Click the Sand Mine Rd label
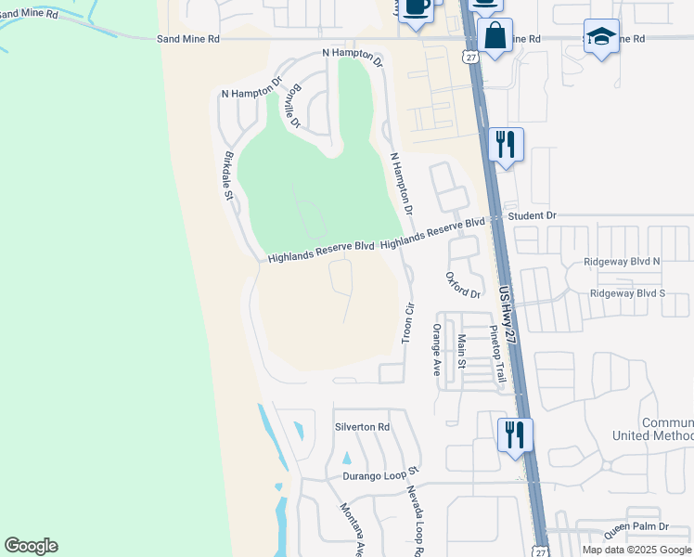point(188,39)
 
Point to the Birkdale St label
point(228,176)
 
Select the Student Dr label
point(532,215)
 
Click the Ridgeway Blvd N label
point(622,262)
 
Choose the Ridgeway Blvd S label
point(627,293)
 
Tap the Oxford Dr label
point(463,285)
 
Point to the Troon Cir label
point(406,322)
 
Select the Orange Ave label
point(435,349)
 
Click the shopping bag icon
point(495,36)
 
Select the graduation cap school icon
point(601,36)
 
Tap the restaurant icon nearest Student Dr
point(506,144)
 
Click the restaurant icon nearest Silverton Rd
point(515,434)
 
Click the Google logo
point(31,545)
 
